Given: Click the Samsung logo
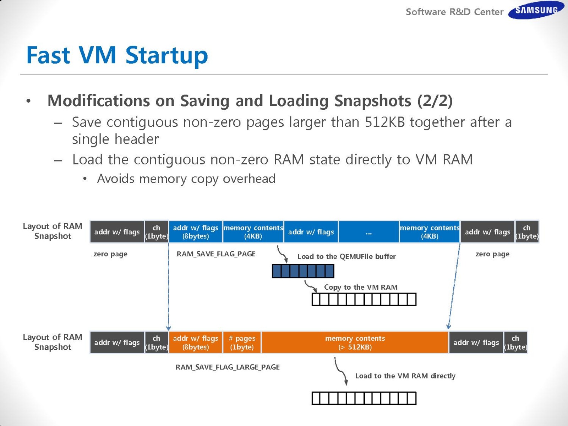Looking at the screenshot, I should click(536, 10).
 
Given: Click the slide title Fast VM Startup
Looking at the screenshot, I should click(117, 55).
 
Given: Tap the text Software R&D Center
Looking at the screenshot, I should click(454, 12).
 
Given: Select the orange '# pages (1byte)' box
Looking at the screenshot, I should click(242, 343).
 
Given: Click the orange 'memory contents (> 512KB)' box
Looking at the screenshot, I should click(355, 343).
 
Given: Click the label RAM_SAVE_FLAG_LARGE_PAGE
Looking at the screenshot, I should click(228, 367).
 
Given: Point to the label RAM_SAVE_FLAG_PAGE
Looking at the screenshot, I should click(216, 254).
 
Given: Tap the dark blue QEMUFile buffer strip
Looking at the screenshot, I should click(303, 271).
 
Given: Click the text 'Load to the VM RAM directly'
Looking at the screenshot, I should click(405, 376).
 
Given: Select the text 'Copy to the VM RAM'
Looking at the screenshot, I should click(361, 287).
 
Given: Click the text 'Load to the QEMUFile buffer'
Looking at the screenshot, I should click(346, 257).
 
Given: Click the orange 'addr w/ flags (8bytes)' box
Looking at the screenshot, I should click(196, 343).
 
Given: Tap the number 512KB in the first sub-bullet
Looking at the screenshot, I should click(385, 122).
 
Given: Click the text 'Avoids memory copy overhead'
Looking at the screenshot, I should click(186, 179).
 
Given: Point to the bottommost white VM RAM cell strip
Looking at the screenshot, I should click(364, 398).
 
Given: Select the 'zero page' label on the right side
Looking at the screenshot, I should click(492, 254).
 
